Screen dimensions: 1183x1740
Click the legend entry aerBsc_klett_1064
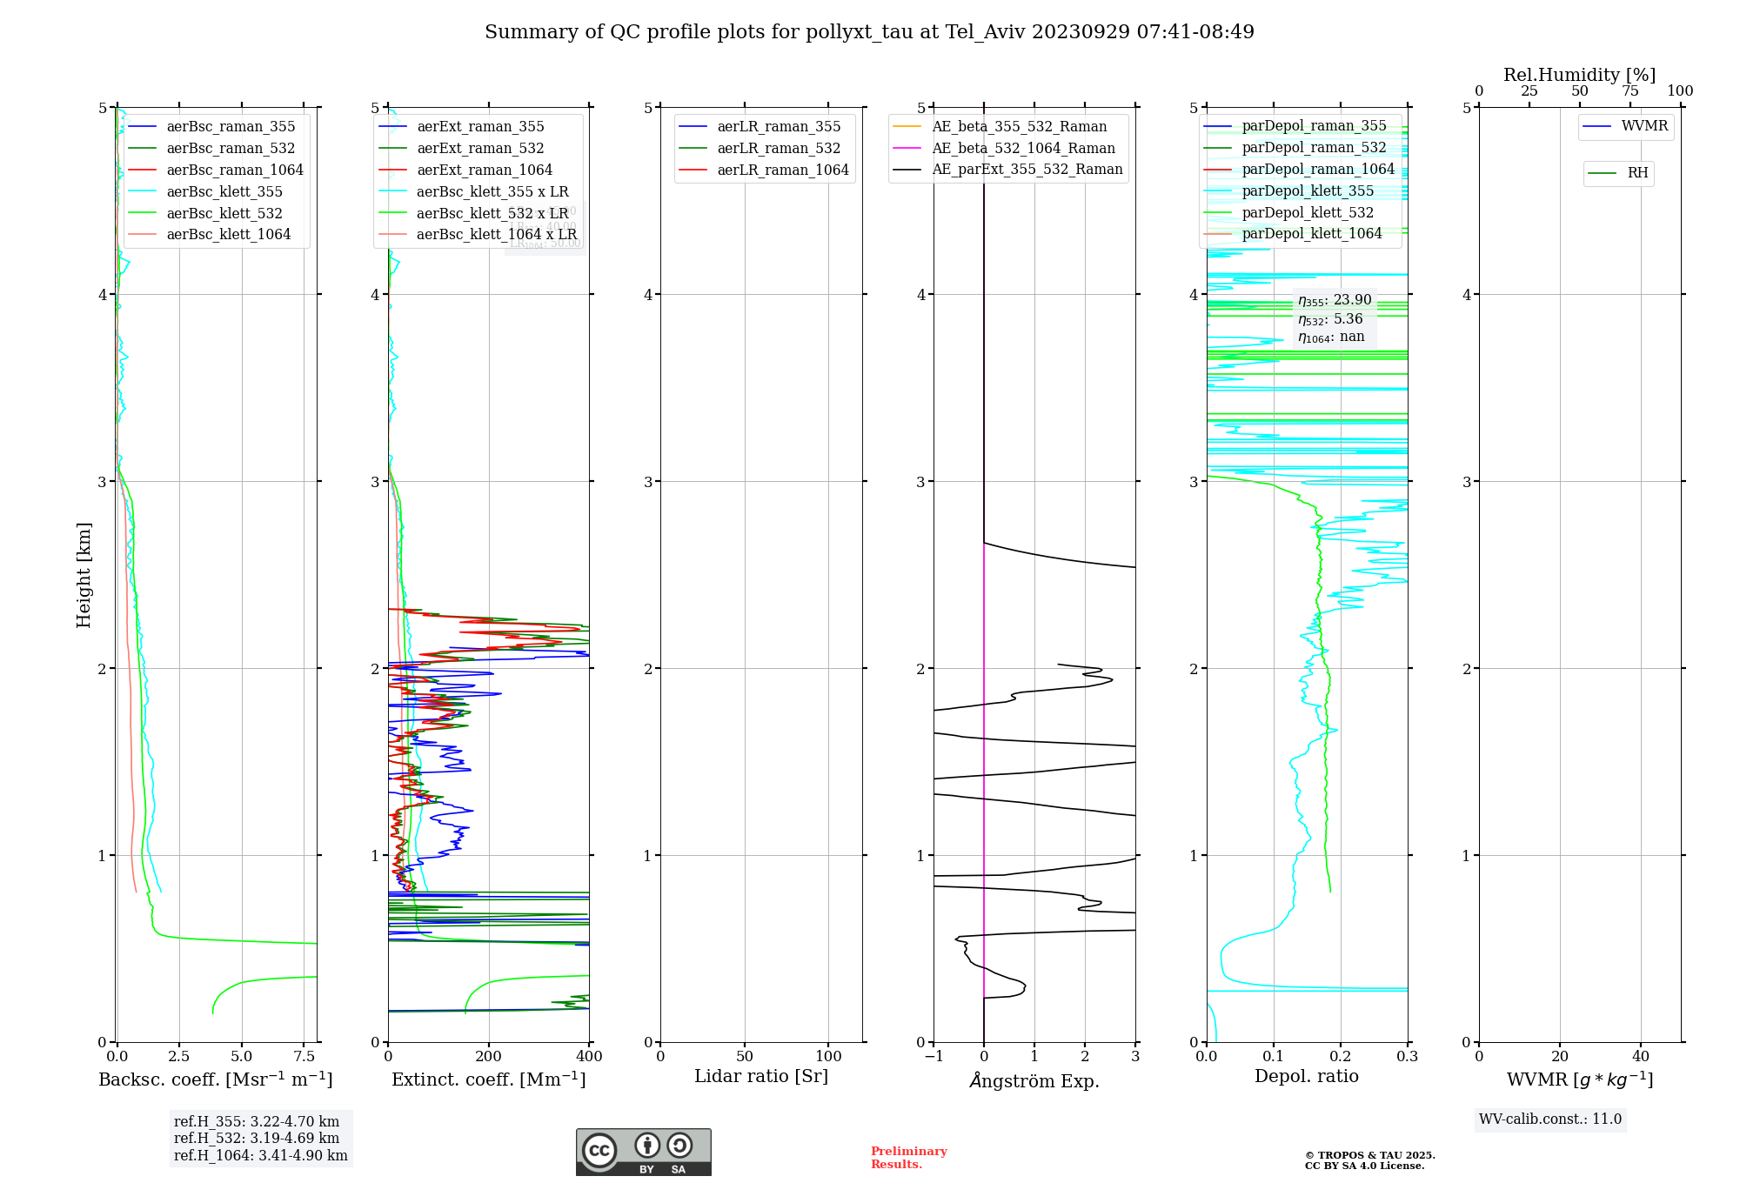click(x=228, y=235)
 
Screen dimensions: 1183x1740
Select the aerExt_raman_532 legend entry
click(x=480, y=148)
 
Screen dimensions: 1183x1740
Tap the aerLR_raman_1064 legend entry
click(x=782, y=170)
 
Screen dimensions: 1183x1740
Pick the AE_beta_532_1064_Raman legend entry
click(x=1023, y=148)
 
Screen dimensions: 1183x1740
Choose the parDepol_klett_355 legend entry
click(x=1308, y=190)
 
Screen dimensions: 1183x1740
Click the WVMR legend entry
click(x=1644, y=126)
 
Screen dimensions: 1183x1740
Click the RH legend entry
click(x=1637, y=173)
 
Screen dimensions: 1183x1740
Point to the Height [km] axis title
click(x=84, y=575)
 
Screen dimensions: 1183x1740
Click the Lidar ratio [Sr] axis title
click(x=761, y=1076)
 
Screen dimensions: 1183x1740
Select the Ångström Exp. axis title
click(x=1034, y=1080)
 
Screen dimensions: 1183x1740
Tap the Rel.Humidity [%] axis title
click(x=1579, y=75)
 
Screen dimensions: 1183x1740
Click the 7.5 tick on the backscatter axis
click(x=304, y=1056)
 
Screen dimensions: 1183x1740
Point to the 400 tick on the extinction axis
click(x=589, y=1056)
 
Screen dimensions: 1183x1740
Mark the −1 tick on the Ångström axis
click(x=934, y=1056)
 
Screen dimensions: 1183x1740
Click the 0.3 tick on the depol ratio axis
click(x=1407, y=1056)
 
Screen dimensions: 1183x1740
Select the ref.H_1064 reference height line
click(x=260, y=1155)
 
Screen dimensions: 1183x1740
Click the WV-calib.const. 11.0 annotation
click(x=1550, y=1119)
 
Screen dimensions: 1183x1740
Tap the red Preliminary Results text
click(x=908, y=1158)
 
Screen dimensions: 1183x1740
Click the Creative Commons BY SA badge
click(x=643, y=1153)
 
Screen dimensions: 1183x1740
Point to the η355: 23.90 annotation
click(x=1335, y=300)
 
